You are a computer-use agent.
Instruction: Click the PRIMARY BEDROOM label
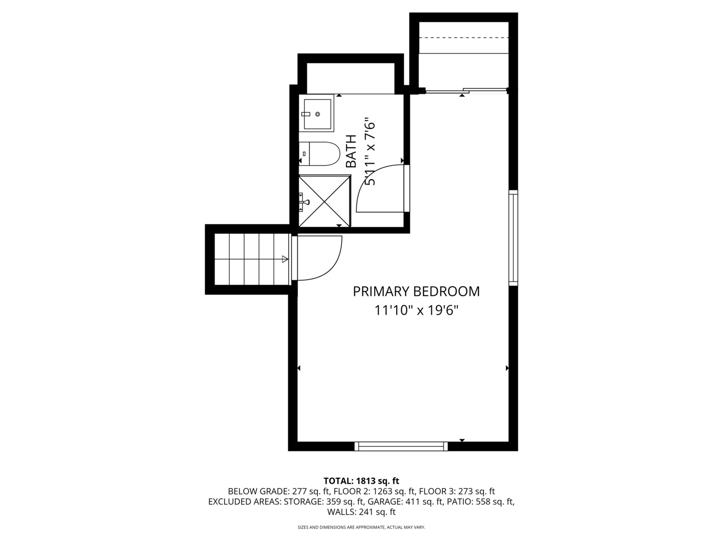[x=416, y=292]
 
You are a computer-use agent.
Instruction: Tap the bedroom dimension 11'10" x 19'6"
[x=416, y=311]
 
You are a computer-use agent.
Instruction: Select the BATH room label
[x=351, y=151]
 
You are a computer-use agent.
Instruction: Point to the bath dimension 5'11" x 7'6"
[x=370, y=152]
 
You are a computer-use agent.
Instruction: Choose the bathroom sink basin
[x=317, y=113]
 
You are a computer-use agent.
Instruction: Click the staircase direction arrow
[x=284, y=259]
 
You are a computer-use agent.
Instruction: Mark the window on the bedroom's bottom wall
[x=401, y=446]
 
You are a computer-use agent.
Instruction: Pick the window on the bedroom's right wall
[x=513, y=237]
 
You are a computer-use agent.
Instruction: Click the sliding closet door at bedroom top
[x=464, y=91]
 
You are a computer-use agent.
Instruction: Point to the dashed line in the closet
[x=464, y=38]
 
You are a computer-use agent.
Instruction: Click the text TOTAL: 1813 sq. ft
[x=361, y=481]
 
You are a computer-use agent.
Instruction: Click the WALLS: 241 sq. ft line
[x=361, y=512]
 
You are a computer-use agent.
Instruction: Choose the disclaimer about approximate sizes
[x=361, y=527]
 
